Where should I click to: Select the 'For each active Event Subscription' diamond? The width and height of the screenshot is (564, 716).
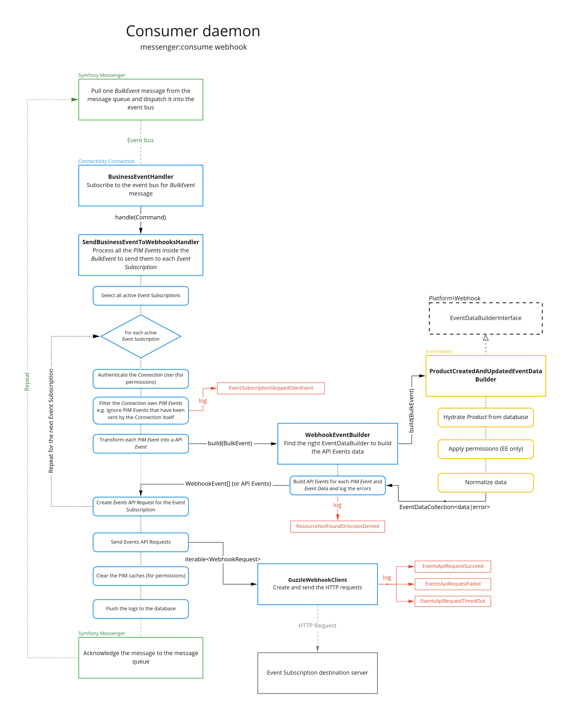(141, 336)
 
